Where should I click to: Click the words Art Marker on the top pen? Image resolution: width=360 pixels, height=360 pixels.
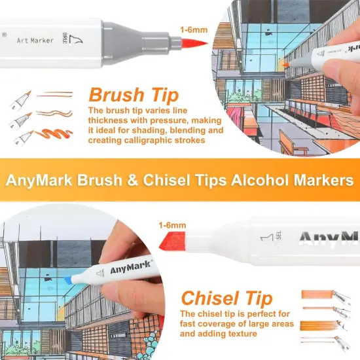coord(36,39)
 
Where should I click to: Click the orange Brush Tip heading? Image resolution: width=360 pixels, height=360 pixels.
coord(134,94)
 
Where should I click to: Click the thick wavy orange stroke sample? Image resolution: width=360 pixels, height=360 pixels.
coord(56,132)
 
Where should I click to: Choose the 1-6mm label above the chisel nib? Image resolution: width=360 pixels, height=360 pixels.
coord(171,226)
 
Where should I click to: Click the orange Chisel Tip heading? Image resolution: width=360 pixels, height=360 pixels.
coord(226,299)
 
